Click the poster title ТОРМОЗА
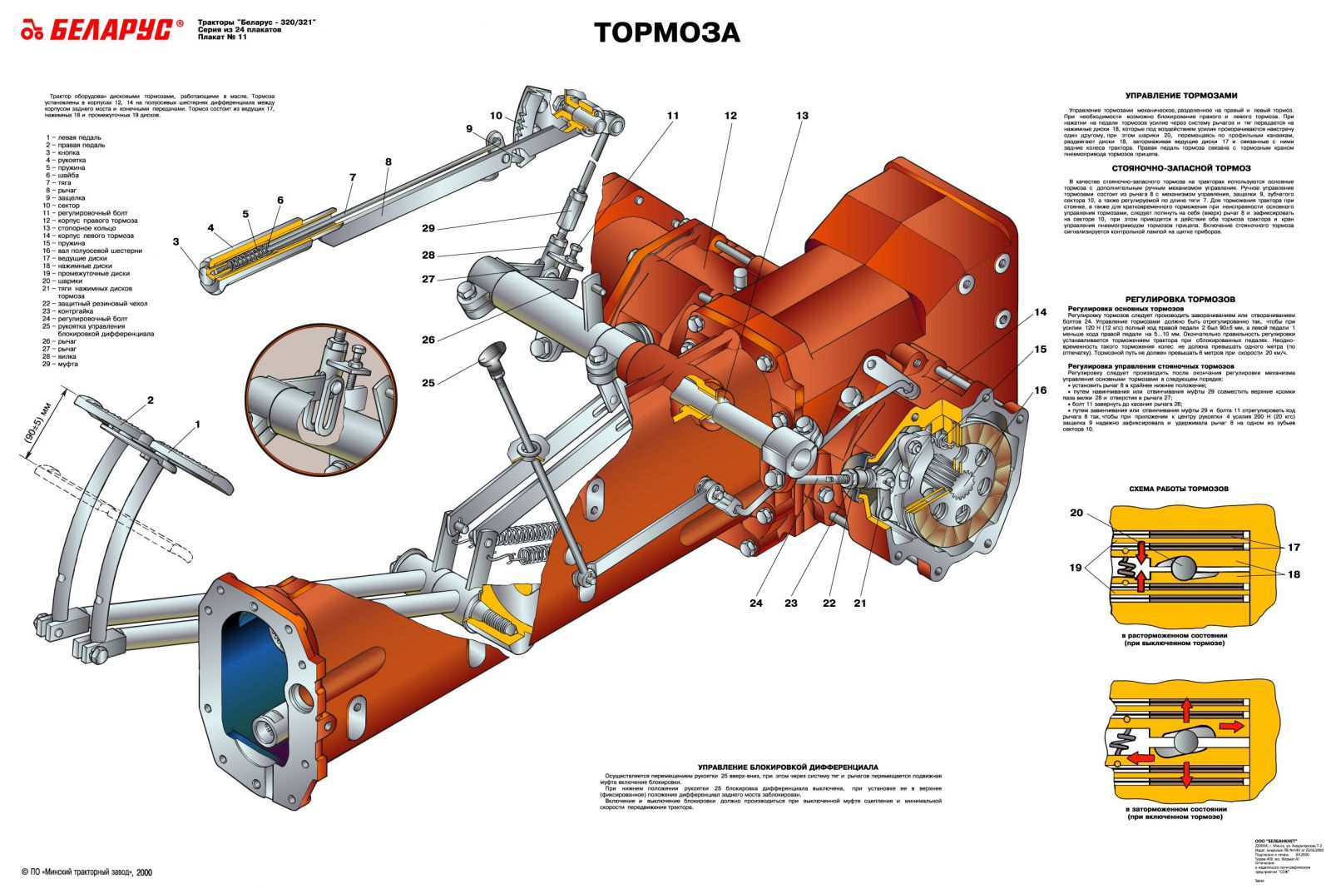pos(666,32)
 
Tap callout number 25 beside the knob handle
pos(428,383)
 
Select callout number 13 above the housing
pos(802,116)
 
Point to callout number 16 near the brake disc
pos(1041,390)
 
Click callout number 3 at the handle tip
pos(176,241)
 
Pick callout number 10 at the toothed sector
pos(496,116)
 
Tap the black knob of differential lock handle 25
pos(492,350)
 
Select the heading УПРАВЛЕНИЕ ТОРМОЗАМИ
pos(1180,96)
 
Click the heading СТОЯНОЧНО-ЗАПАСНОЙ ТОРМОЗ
pos(1180,168)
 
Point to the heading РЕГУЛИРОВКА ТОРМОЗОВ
pos(1180,299)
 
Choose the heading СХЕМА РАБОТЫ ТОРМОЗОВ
pos(1178,489)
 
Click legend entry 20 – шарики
pos(62,281)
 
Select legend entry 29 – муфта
pos(62,364)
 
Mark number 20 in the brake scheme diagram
pos(1076,513)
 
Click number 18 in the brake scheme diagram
pos(1294,574)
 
